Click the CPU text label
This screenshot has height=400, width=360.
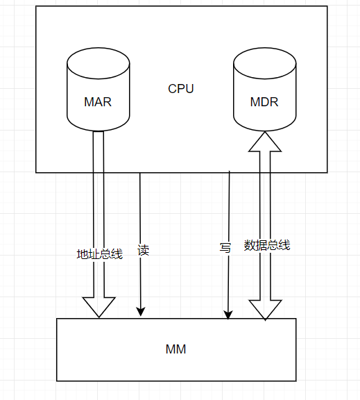click(181, 89)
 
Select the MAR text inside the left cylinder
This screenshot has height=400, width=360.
click(98, 102)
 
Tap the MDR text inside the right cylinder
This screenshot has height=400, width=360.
click(264, 102)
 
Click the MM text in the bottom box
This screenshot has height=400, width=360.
click(176, 349)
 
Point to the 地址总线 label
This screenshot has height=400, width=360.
click(99, 254)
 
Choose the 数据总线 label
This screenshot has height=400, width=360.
click(267, 245)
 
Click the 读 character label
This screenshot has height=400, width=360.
click(144, 250)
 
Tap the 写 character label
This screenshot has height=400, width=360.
click(225, 248)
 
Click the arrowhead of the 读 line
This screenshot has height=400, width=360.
click(141, 312)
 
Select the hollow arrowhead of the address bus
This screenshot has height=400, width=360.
click(98, 306)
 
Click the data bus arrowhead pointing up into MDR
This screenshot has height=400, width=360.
click(264, 142)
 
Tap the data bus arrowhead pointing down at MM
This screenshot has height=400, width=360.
click(265, 310)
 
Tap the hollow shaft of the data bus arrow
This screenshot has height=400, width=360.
click(265, 222)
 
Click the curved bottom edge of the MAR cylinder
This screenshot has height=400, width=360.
click(98, 131)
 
